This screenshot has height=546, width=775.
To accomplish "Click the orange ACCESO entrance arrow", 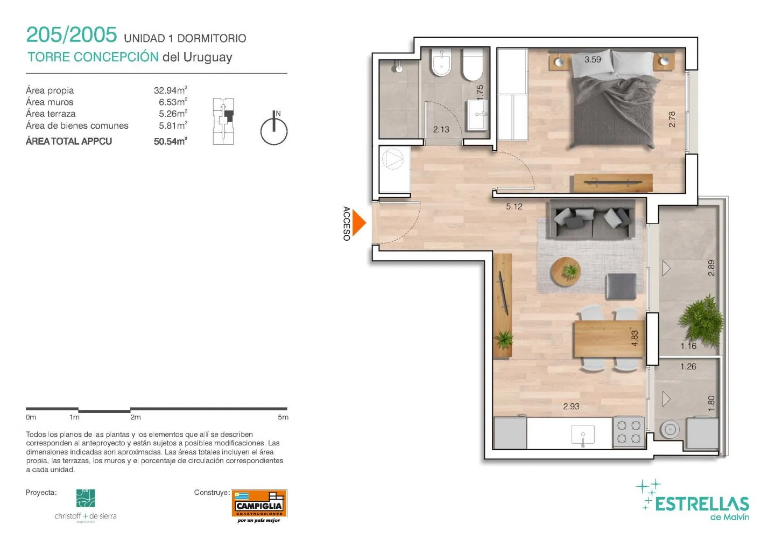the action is click(x=358, y=223).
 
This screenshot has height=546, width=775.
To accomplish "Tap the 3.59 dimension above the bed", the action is click(x=593, y=60).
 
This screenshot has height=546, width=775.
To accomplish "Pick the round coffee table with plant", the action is click(x=565, y=271).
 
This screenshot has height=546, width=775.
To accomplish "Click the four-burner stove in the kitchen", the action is click(x=629, y=432).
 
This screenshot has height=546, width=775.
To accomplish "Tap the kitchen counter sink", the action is click(x=583, y=435).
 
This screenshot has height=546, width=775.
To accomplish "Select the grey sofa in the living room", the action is click(x=591, y=220).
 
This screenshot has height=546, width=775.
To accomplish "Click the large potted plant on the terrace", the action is click(x=702, y=319).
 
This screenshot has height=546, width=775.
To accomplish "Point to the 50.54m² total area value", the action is click(x=171, y=141).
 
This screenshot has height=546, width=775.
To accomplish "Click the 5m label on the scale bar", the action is click(x=283, y=417).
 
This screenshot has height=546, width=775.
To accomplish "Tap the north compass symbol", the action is click(x=274, y=128).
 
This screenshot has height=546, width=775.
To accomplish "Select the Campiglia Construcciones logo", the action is click(x=259, y=506).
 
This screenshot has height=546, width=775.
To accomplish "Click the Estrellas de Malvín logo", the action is click(x=693, y=500).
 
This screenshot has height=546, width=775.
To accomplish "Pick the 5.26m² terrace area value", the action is click(x=173, y=114).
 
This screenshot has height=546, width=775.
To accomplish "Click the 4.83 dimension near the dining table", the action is click(x=635, y=338).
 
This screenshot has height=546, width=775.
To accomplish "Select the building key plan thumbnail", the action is click(x=223, y=121).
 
